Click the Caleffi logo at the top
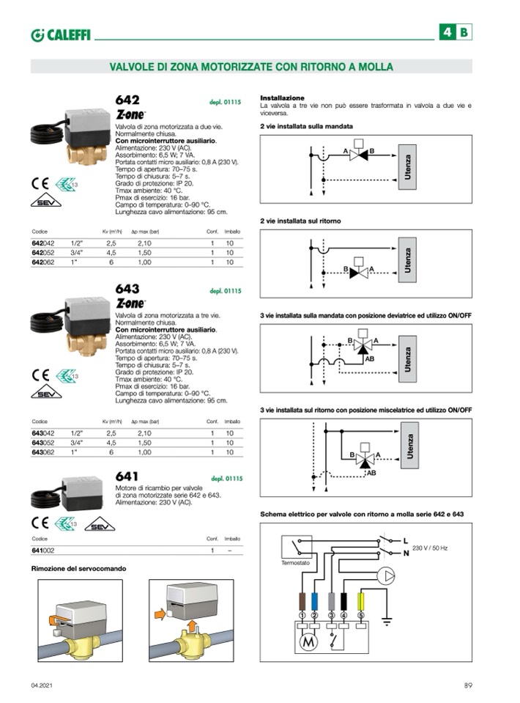(61, 34)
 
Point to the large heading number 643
(127, 288)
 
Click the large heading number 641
(127, 476)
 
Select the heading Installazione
(282, 97)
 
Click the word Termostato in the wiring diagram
(296, 563)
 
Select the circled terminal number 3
(332, 614)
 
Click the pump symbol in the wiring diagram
(385, 575)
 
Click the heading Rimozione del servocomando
(78, 569)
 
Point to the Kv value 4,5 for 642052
(111, 252)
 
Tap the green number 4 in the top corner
(447, 32)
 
